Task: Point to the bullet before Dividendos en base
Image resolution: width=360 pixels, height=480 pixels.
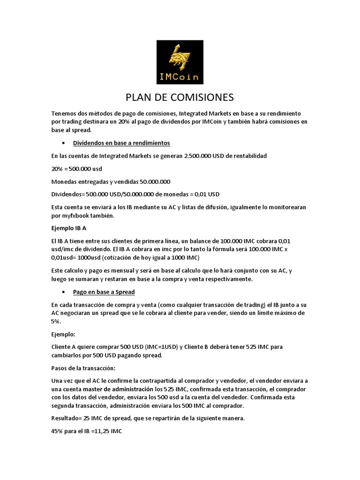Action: coord(63,142)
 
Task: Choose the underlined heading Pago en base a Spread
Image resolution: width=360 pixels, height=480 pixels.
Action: coord(104,292)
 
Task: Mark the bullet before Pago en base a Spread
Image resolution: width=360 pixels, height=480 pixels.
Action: coord(63,292)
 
